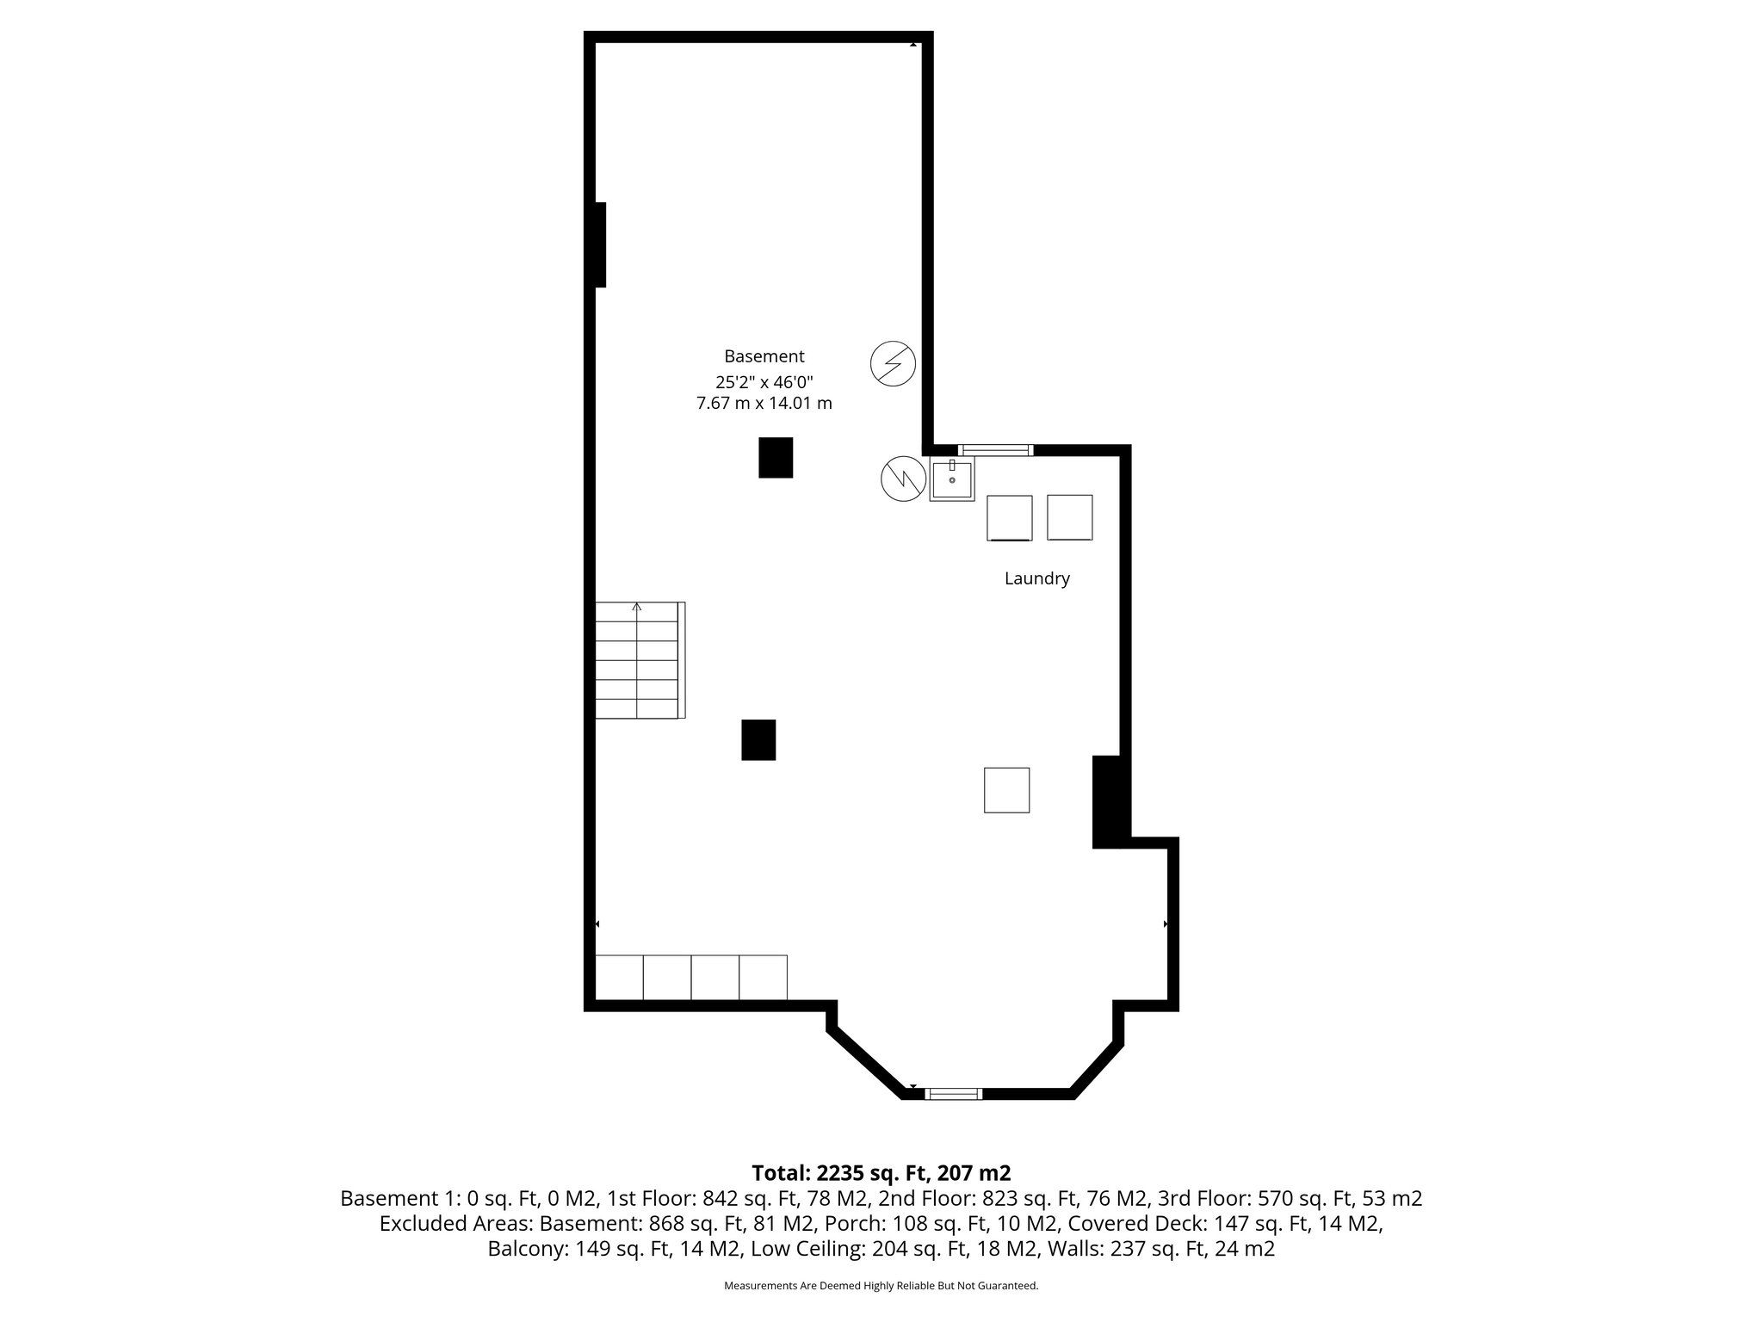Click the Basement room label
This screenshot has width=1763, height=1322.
pos(764,356)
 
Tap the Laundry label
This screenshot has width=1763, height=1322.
pos(1036,578)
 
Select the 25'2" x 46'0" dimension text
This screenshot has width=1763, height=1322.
pos(764,380)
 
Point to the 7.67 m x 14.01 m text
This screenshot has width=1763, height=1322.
pos(764,403)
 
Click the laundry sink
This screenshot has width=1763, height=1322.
pos(951,480)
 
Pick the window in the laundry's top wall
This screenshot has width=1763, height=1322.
pos(995,449)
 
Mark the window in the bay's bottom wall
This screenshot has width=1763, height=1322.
pos(953,1094)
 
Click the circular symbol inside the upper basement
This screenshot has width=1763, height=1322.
pos(893,362)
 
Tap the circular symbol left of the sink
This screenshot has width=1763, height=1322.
pos(902,479)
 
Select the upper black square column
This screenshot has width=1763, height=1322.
pos(775,457)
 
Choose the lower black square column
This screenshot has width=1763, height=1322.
pos(758,739)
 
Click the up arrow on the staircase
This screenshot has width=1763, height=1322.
pos(637,608)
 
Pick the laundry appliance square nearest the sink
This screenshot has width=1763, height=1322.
pos(1009,517)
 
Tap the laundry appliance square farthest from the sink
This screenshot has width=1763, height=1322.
pos(1069,516)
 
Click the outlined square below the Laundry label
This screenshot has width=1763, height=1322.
pos(1006,789)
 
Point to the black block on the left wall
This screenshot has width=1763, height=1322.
pos(600,244)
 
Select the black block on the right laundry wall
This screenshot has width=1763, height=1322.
pos(1108,801)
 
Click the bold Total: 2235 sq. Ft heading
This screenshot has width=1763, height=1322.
pos(881,1172)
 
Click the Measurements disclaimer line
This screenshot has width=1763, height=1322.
pos(881,1286)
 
